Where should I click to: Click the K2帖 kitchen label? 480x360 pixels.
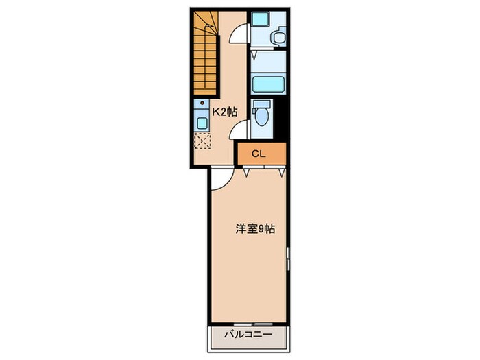tap(224, 111)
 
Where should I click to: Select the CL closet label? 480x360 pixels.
tap(259, 153)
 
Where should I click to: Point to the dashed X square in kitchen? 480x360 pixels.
tap(203, 141)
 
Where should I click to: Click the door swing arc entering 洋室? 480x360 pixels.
tap(219, 180)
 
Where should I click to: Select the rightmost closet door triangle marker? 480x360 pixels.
tap(280, 171)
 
